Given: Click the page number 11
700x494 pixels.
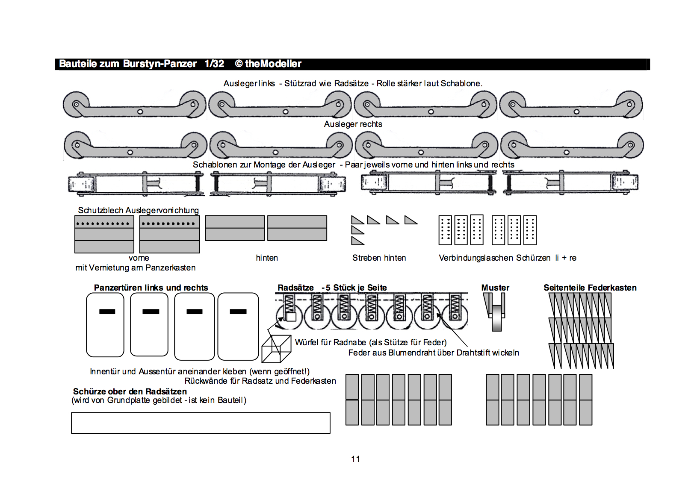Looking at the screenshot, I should pyautogui.click(x=355, y=459).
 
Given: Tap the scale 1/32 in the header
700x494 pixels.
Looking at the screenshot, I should pyautogui.click(x=214, y=64).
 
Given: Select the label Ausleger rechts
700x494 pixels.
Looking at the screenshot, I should pyautogui.click(x=353, y=124).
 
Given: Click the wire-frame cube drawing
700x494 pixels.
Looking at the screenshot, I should pyautogui.click(x=276, y=349).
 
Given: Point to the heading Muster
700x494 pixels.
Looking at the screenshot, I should pyautogui.click(x=495, y=288).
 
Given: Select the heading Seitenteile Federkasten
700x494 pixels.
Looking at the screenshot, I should pyautogui.click(x=590, y=288).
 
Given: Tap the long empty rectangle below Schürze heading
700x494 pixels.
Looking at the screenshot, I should pyautogui.click(x=201, y=423).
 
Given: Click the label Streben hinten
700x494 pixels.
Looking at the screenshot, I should pyautogui.click(x=379, y=258).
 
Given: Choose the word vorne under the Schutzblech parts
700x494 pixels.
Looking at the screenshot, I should pyautogui.click(x=139, y=258).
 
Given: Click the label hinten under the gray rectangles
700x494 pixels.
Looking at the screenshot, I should pyautogui.click(x=267, y=258).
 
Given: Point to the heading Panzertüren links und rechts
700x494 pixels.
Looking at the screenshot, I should pyautogui.click(x=151, y=288).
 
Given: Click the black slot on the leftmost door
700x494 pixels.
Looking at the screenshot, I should pyautogui.click(x=107, y=312).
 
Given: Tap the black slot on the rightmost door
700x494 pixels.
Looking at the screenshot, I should pyautogui.click(x=238, y=312).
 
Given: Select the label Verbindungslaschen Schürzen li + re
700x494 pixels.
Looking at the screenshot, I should pyautogui.click(x=507, y=258).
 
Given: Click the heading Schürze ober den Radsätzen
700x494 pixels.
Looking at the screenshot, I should pyautogui.click(x=130, y=391).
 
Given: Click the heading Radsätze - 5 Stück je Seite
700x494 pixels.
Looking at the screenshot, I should pyautogui.click(x=332, y=288).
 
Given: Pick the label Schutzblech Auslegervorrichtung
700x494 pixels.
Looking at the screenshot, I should pyautogui.click(x=138, y=210).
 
